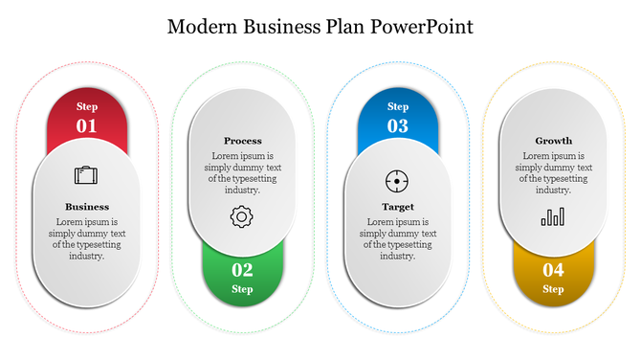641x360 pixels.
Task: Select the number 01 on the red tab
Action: (x=86, y=125)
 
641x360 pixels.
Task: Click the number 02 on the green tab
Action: (x=242, y=269)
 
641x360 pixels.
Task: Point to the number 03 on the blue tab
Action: (x=397, y=125)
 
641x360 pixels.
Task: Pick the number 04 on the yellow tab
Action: (x=553, y=269)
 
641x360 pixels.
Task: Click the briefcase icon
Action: (x=86, y=175)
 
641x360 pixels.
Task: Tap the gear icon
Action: (x=241, y=217)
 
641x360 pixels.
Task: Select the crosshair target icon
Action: (x=397, y=180)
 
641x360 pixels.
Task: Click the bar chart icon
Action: (x=553, y=217)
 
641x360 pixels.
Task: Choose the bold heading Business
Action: (x=87, y=206)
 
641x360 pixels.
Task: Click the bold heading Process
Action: (x=242, y=141)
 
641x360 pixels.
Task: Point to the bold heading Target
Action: (x=398, y=206)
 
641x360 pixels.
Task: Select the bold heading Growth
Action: (x=553, y=141)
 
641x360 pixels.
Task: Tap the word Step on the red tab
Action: (x=87, y=106)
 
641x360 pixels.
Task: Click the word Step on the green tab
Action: (x=242, y=288)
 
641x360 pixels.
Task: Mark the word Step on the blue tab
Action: (x=398, y=106)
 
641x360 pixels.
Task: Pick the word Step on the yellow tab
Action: (x=553, y=288)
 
